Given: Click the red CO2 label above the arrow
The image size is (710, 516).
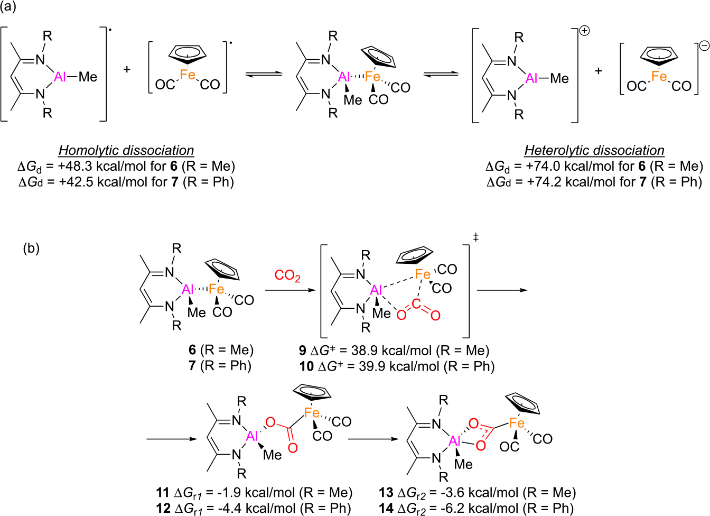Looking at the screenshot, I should [x=287, y=276].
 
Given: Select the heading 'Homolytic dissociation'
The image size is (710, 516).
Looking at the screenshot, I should [x=126, y=151].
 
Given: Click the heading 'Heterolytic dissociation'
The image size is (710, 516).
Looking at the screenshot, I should [x=594, y=151].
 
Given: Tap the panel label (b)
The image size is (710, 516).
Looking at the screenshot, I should [x=31, y=248].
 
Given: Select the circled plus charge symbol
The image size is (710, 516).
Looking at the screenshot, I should [x=584, y=31].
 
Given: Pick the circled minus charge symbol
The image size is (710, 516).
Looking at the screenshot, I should [x=704, y=45].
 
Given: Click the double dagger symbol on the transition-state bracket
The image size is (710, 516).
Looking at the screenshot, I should [x=475, y=238].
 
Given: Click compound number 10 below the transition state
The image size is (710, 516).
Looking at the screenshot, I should [x=306, y=366].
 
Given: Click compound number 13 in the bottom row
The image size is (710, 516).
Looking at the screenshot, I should [x=386, y=493].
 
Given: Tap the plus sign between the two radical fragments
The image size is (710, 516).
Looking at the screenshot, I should [x=127, y=69].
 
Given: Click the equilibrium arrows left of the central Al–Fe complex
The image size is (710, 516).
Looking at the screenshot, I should [x=264, y=74].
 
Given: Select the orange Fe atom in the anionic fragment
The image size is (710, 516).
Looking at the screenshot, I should [x=659, y=77].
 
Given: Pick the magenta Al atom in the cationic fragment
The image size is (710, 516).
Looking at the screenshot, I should [x=531, y=79].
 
